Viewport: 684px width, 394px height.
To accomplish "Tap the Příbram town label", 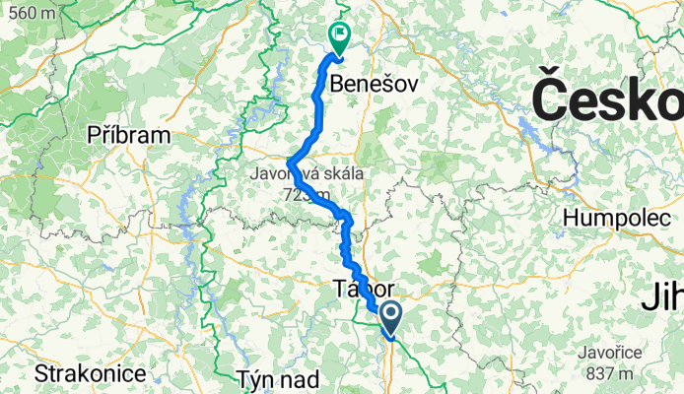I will [129, 134].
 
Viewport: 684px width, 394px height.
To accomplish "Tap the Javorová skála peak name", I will [308, 175].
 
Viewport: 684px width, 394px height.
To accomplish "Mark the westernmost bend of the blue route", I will [289, 164].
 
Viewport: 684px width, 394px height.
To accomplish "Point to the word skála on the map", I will [341, 175].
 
